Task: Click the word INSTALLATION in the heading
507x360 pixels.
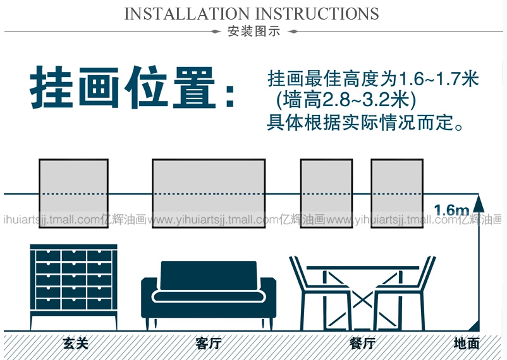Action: click(x=187, y=14)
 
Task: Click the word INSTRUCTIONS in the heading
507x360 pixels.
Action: click(x=317, y=14)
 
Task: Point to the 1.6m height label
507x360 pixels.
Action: click(x=451, y=209)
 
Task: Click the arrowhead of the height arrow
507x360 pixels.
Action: click(x=479, y=203)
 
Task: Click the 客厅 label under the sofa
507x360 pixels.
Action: click(x=208, y=344)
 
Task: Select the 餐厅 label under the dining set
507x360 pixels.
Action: click(x=362, y=344)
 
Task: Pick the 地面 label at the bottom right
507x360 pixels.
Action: click(x=467, y=344)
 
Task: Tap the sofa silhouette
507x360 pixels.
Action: click(x=209, y=291)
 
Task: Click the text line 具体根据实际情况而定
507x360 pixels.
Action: click(x=366, y=122)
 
